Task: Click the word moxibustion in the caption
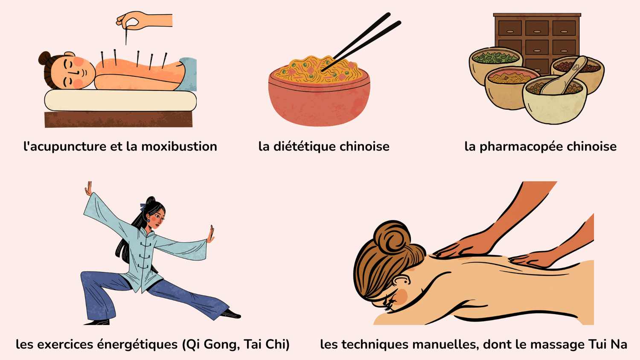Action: point(179,146)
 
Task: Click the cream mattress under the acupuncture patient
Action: point(120,101)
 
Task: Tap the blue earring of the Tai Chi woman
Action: point(148,221)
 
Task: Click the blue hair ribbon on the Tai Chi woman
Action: point(143,206)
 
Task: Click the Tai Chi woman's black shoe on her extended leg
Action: point(231,314)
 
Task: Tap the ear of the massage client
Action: point(401,280)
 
